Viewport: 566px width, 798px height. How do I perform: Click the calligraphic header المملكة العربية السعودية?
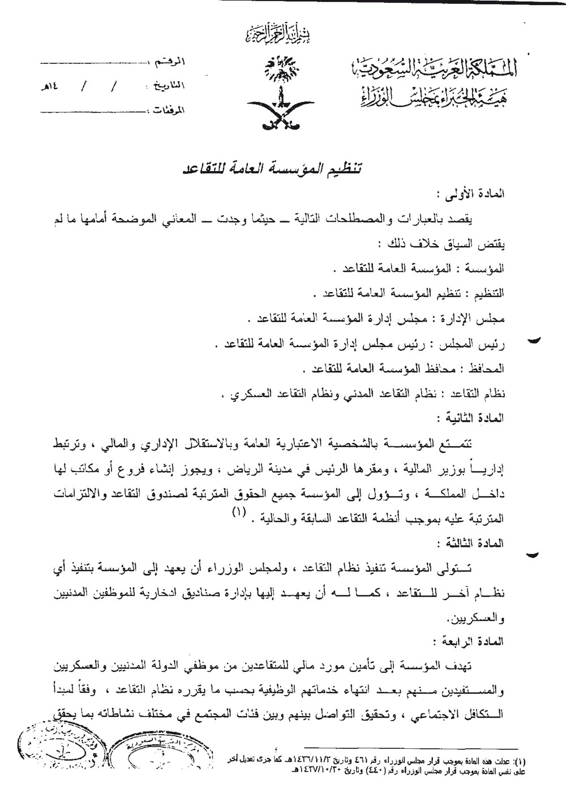click(436, 72)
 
